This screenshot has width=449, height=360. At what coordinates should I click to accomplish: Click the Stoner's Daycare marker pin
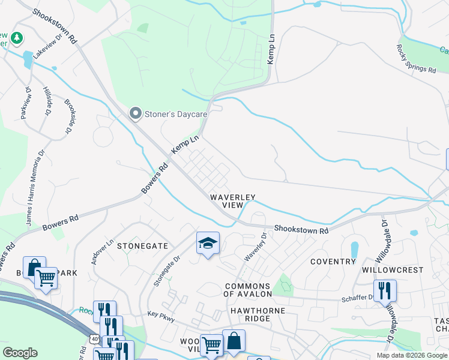pyautogui.click(x=136, y=113)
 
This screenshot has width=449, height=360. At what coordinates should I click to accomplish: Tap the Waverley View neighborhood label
pyautogui.click(x=232, y=201)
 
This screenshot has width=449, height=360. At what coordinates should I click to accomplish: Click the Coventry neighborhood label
pyautogui.click(x=333, y=262)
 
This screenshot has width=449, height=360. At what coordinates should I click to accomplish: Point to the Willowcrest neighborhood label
pyautogui.click(x=393, y=270)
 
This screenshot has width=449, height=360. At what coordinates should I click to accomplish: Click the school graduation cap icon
pyautogui.click(x=208, y=243)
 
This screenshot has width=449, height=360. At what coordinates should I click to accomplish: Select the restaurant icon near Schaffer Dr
pyautogui.click(x=385, y=291)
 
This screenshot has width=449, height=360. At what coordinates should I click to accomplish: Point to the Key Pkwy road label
pyautogui.click(x=161, y=316)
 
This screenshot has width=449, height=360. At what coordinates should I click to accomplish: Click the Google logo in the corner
pyautogui.click(x=20, y=353)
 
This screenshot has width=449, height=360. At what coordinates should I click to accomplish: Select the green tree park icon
pyautogui.click(x=17, y=38)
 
